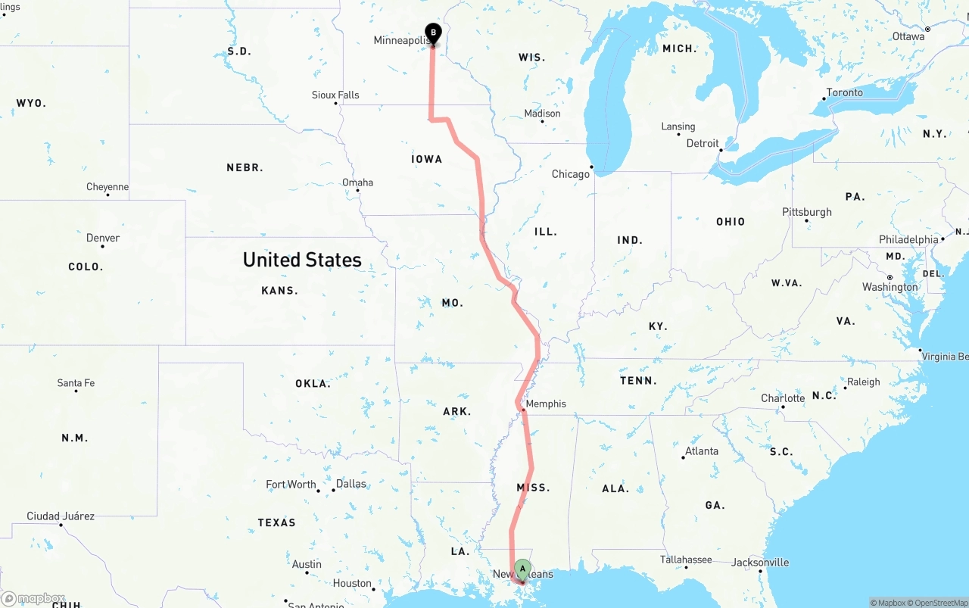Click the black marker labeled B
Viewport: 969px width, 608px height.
[433, 33]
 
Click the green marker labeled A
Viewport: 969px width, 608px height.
[522, 569]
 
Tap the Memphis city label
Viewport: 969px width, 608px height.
[545, 404]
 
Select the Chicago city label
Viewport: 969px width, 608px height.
[570, 174]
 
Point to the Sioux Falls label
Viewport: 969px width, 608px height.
[335, 95]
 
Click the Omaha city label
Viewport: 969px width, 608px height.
[357, 182]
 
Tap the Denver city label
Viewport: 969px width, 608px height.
[103, 238]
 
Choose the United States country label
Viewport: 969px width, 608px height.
[302, 260]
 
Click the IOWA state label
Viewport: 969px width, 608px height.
[427, 159]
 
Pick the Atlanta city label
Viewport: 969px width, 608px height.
[702, 451]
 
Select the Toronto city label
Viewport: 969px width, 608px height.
[844, 92]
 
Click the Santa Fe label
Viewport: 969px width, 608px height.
[76, 383]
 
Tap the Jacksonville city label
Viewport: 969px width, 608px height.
[760, 563]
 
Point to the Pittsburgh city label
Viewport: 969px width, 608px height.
[807, 212]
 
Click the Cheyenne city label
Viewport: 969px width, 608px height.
[107, 187]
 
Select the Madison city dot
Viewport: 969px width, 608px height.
[542, 122]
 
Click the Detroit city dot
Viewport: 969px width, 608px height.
[721, 150]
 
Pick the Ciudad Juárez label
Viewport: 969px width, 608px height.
[61, 516]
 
